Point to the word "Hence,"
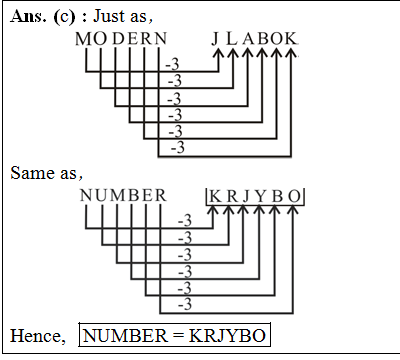(38, 335)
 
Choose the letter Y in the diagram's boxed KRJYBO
(258, 195)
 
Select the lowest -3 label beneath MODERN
(179, 148)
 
